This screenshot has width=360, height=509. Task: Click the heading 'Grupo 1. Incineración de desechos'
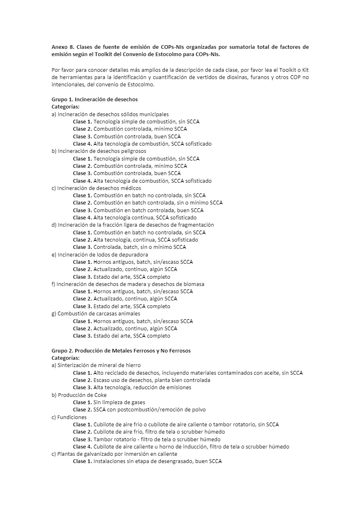coord(94,99)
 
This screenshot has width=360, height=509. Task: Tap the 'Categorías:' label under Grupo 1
coord(65,106)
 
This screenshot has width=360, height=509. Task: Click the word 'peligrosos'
coord(133,151)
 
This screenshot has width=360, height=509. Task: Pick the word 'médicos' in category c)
coord(131,188)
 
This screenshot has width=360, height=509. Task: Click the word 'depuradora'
coord(134,255)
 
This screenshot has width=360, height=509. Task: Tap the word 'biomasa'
coord(194,284)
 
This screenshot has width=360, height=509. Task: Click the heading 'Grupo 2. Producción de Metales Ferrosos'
coord(121,350)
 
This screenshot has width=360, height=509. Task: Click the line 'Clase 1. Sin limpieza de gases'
coord(109,402)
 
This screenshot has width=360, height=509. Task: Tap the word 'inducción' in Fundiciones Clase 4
coord(210,446)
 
